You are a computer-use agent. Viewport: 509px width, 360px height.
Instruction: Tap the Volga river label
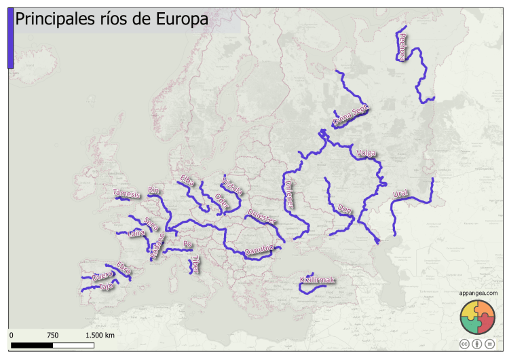click(x=366, y=154)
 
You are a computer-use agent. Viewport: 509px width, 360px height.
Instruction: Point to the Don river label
click(x=344, y=207)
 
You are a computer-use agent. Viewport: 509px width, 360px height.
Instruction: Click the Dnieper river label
click(x=288, y=193)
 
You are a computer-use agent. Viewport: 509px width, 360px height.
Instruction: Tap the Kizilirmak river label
click(x=318, y=280)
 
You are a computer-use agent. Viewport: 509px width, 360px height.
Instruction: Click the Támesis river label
click(x=127, y=194)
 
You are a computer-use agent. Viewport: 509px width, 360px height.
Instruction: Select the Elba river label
click(x=187, y=181)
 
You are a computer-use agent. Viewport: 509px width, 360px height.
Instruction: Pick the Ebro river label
click(x=123, y=267)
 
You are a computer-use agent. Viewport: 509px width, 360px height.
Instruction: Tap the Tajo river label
click(x=105, y=286)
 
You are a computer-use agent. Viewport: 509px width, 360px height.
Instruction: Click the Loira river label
click(x=136, y=234)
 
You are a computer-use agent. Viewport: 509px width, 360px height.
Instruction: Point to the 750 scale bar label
click(x=53, y=336)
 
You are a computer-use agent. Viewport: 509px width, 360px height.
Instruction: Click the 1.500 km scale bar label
click(x=99, y=336)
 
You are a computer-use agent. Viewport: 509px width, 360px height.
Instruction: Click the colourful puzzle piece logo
click(x=478, y=317)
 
